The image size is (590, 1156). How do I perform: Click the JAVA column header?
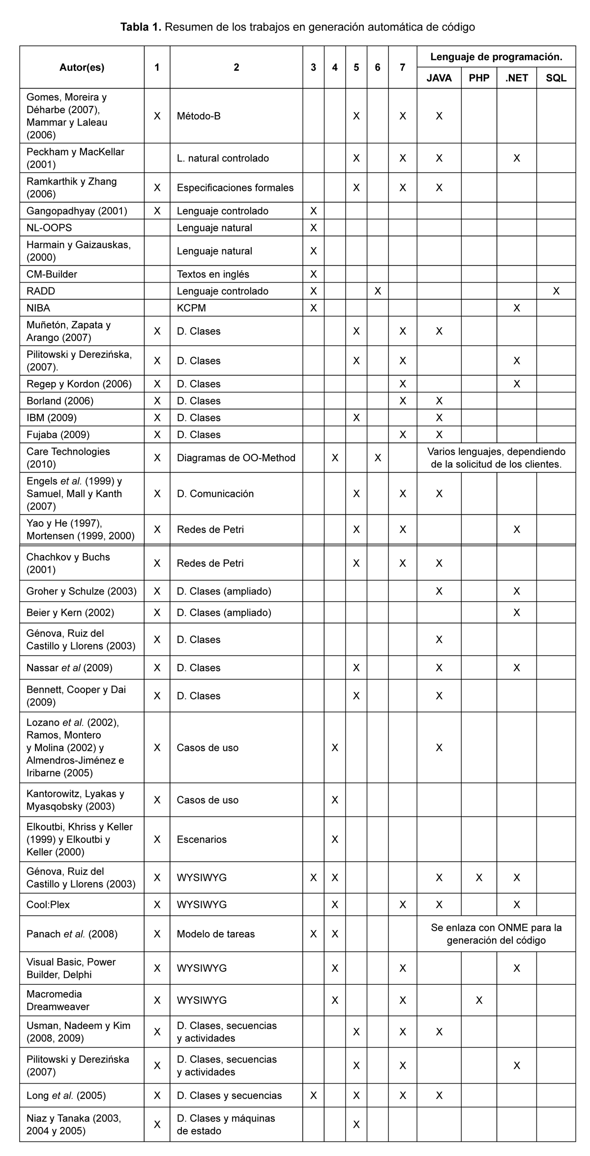[439, 78]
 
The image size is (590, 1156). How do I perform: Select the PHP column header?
[479, 78]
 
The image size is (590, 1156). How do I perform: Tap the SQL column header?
[556, 78]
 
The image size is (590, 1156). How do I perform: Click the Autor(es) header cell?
[82, 67]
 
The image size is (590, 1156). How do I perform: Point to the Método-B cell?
[199, 116]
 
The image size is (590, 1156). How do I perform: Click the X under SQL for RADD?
[556, 291]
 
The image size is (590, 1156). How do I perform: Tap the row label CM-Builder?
[52, 274]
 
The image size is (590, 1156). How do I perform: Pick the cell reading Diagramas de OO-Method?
[236, 458]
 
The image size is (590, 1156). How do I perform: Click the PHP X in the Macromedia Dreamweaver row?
[479, 1000]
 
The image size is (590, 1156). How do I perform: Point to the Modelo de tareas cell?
[216, 934]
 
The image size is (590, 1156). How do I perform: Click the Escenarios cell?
[202, 839]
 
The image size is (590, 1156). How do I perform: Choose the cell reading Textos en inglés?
[213, 274]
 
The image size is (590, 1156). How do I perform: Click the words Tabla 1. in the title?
[141, 27]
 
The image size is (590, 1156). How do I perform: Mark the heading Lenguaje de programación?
[496, 57]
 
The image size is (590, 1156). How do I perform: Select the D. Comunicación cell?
[215, 494]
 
